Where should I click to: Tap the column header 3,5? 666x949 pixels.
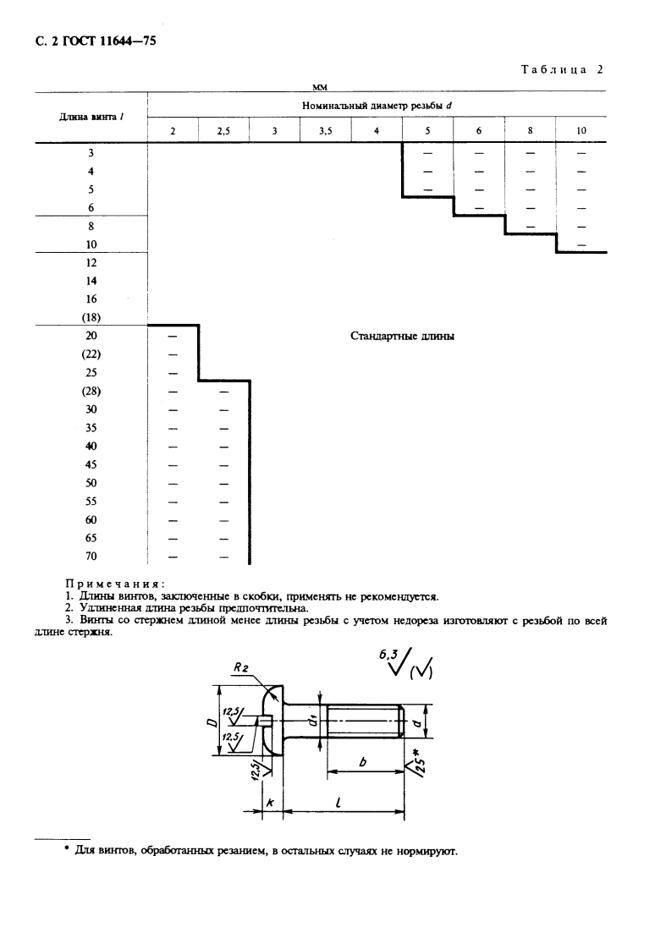(x=326, y=131)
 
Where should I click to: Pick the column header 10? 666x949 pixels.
(x=581, y=131)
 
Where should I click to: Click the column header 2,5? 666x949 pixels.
(x=223, y=131)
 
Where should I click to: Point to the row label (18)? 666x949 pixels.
(x=91, y=317)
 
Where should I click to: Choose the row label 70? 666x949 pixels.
(x=91, y=556)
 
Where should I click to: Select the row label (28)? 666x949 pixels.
(x=91, y=391)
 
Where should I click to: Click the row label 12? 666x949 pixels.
(x=91, y=262)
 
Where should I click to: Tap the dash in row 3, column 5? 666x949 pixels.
(x=427, y=153)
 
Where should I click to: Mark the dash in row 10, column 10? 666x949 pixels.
(x=581, y=244)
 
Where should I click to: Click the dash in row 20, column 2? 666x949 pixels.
(x=173, y=336)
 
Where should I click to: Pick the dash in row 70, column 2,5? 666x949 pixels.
(x=223, y=557)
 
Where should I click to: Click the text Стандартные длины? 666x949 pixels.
(x=403, y=336)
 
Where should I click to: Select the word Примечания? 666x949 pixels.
(x=115, y=584)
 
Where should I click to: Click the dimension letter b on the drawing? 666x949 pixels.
(x=362, y=762)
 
